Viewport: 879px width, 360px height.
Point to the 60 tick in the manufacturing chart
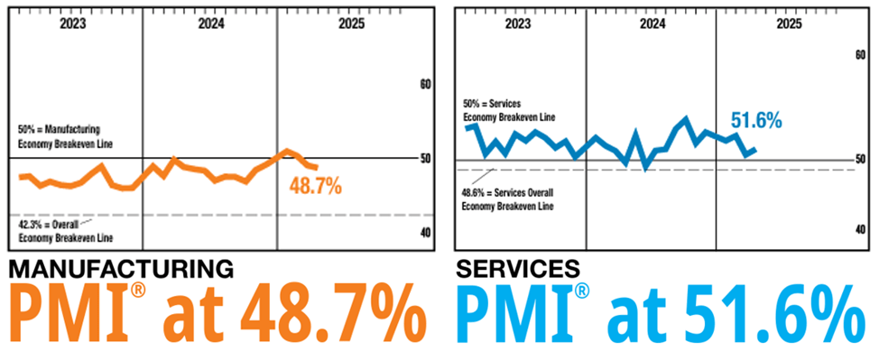click(x=426, y=85)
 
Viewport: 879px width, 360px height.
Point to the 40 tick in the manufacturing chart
click(x=426, y=232)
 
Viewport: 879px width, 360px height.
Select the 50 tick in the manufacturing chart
click(x=426, y=159)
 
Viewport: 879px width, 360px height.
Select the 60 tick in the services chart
click(x=860, y=54)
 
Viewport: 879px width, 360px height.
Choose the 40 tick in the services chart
click(x=860, y=230)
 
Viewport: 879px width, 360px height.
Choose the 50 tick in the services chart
click(x=860, y=159)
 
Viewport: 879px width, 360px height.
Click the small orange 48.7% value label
click(x=316, y=187)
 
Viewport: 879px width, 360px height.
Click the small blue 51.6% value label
click(x=755, y=120)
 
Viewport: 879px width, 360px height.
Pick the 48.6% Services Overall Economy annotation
click(x=507, y=198)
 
